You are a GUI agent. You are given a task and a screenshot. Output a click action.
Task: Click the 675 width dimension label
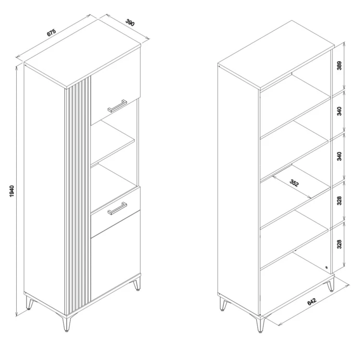(51, 32)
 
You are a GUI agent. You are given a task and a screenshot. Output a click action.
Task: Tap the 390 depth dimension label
(130, 23)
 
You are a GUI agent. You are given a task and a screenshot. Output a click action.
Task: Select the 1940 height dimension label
(12, 191)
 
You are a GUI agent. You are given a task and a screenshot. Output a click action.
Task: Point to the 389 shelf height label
(339, 65)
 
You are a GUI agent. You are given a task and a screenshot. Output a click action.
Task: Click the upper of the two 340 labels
(339, 111)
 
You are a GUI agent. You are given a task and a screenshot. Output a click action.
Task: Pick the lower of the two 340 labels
(339, 156)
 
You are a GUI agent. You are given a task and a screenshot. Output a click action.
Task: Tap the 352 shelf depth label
(294, 183)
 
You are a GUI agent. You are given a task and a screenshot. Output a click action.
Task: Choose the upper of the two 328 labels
(339, 201)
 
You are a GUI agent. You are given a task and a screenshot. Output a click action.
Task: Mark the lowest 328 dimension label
(339, 244)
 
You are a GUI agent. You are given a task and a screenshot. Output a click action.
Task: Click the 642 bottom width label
(312, 301)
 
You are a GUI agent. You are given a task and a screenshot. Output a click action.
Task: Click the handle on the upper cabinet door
(117, 106)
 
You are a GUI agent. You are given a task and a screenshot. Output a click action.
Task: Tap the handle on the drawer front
(117, 208)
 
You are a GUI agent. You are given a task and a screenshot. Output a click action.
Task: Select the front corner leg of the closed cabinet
(67, 324)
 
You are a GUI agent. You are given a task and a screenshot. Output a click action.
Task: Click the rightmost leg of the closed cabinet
(137, 283)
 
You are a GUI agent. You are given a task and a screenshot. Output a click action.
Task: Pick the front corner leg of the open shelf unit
(260, 324)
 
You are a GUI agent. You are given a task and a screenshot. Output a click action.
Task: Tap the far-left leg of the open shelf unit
(223, 303)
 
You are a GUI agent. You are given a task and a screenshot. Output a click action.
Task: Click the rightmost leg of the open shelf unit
(331, 284)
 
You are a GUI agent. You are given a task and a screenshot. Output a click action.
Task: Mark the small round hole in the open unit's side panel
(326, 267)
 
